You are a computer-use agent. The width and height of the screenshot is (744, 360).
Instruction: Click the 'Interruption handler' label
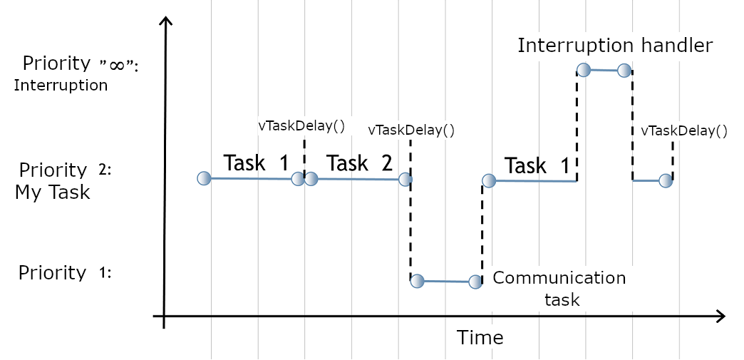614,46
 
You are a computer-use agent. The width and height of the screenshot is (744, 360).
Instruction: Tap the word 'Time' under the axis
480,336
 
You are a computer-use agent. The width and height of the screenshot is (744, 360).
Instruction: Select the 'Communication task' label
559,288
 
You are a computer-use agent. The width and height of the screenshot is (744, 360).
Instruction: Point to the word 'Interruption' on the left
61,86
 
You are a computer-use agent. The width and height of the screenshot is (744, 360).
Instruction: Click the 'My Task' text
52,192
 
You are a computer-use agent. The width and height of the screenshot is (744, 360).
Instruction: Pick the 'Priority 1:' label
65,273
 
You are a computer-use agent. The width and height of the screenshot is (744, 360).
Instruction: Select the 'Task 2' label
360,163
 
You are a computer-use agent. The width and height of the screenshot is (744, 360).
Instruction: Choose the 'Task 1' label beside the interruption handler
537,166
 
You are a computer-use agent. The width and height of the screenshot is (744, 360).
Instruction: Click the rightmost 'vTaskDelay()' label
684,130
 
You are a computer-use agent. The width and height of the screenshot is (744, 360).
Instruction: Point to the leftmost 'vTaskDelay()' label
301,126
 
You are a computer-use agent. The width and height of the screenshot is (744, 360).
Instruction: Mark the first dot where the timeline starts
204,178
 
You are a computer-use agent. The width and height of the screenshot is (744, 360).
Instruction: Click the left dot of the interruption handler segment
584,69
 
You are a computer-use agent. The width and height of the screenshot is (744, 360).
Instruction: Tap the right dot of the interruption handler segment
624,70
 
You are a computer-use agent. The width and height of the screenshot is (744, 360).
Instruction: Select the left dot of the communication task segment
418,281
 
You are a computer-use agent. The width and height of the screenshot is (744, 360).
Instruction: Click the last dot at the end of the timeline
665,180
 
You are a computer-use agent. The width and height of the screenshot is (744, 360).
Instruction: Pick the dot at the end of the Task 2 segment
405,179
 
